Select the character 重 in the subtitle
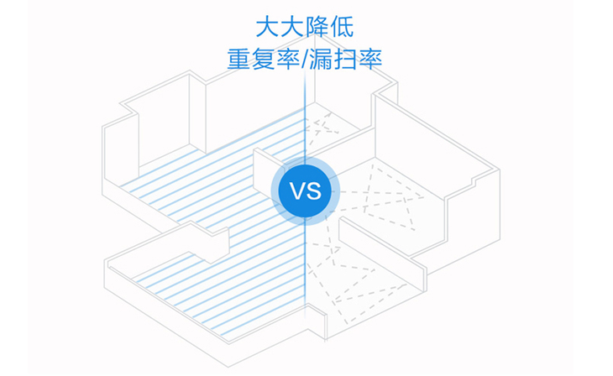(239, 60)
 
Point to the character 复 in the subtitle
(266, 60)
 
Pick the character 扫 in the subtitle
(349, 60)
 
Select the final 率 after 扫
(376, 60)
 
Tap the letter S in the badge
(314, 190)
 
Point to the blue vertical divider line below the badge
(305, 269)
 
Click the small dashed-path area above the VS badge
(323, 126)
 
